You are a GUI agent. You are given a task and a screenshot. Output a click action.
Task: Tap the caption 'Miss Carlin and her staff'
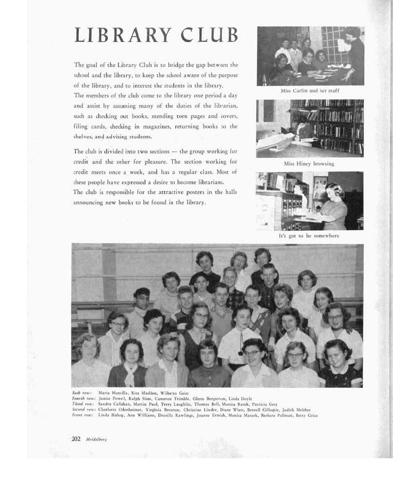310,91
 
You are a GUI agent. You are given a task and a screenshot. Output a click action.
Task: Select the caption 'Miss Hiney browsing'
309,164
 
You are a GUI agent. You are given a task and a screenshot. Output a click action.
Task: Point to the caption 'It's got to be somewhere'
309,236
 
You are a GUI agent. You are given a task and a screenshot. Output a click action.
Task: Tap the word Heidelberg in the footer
97,439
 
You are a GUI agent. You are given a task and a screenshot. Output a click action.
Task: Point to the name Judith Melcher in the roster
297,409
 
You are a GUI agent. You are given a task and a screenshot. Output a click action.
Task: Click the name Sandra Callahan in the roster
112,404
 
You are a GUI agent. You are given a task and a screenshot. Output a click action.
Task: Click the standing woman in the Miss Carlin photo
354,54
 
